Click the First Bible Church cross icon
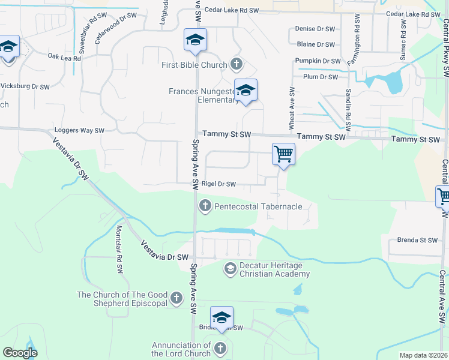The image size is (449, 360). pos(237,64)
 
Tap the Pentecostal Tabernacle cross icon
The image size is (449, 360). pos(205,206)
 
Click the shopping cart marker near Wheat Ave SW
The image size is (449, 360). pos(283,154)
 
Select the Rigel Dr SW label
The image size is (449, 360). pos(218,184)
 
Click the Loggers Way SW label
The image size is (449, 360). pos(79,130)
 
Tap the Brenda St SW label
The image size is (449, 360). pos(417,240)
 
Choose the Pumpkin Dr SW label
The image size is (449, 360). pos(318,61)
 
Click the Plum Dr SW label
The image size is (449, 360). pos(321,77)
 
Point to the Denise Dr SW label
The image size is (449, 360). pos(315,28)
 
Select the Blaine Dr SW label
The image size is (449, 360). pos(315,44)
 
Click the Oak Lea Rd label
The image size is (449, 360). pos(64,58)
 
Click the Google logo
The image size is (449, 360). pos(20,352)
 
